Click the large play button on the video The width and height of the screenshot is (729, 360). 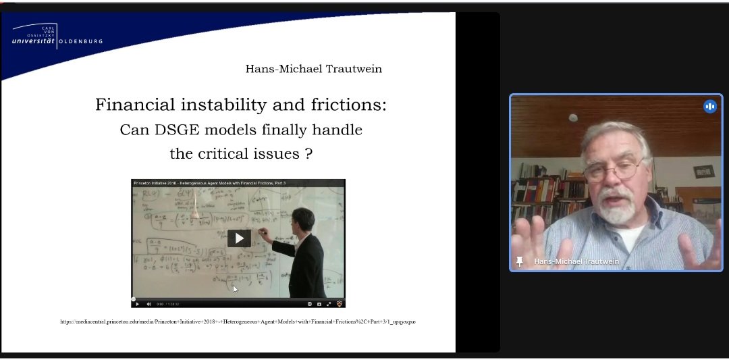(239, 238)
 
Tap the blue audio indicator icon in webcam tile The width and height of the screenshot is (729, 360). (709, 106)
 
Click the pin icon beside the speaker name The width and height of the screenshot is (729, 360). (520, 261)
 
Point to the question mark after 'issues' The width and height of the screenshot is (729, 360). (308, 153)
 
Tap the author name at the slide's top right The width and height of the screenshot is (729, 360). (313, 69)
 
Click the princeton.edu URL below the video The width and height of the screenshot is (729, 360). (238, 322)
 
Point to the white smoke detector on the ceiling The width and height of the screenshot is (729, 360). (573, 118)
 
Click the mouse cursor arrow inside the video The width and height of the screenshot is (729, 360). (235, 289)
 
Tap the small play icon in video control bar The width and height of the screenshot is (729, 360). (138, 304)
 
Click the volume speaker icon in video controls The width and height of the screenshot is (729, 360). (149, 304)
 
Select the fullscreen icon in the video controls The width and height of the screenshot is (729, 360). (329, 304)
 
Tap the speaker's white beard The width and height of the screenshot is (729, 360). (618, 213)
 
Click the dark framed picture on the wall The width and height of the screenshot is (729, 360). (703, 171)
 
